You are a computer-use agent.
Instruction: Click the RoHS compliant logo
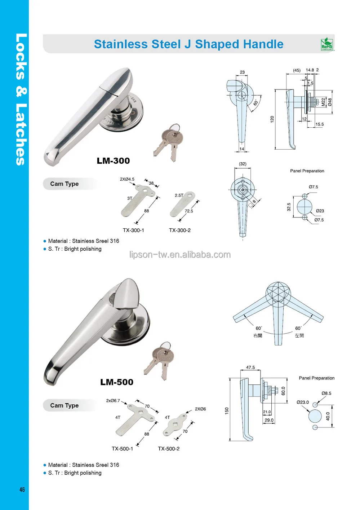(x=327, y=44)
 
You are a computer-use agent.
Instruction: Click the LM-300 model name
(x=113, y=161)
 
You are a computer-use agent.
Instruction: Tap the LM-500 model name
(x=117, y=382)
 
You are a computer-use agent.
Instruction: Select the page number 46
(x=22, y=489)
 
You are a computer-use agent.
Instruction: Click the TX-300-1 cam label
(x=133, y=230)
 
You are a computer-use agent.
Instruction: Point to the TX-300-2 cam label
(x=180, y=230)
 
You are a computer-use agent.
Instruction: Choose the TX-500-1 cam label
(x=122, y=449)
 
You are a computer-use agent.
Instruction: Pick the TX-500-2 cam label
(x=169, y=449)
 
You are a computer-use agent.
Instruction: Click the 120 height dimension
(x=272, y=119)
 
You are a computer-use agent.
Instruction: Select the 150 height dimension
(x=227, y=410)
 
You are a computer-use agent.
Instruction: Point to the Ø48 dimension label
(x=329, y=102)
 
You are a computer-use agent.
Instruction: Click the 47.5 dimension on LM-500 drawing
(x=250, y=368)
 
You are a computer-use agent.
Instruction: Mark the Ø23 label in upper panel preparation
(x=320, y=211)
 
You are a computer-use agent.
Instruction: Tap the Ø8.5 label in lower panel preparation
(x=326, y=393)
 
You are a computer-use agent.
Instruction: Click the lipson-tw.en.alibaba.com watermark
(x=180, y=255)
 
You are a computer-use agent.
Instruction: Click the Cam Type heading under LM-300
(x=65, y=184)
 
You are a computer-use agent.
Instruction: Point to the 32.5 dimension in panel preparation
(x=289, y=207)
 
